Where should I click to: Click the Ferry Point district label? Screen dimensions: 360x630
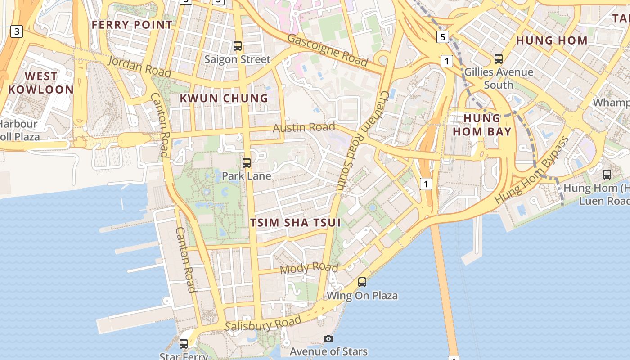(132, 24)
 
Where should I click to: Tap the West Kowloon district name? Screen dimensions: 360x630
(40, 83)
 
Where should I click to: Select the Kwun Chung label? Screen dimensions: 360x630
(224, 98)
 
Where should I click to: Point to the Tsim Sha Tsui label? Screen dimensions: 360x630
(295, 222)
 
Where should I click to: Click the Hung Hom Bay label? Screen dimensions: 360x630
(482, 125)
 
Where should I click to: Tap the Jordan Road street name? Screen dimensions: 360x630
(139, 67)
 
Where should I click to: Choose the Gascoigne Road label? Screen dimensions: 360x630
(328, 50)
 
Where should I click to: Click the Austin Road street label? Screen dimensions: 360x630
(304, 128)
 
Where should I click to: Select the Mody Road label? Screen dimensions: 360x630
(309, 268)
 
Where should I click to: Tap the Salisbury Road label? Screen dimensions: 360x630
(263, 324)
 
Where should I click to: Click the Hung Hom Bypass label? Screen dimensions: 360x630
(531, 170)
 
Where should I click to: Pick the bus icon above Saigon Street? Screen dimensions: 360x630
(238, 45)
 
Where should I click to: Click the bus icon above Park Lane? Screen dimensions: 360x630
(247, 163)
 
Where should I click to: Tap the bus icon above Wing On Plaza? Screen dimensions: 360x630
(362, 282)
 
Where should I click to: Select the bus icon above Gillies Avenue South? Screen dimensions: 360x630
(499, 58)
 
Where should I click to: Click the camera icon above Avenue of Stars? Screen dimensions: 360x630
(328, 338)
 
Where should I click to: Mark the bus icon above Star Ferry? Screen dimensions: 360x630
(184, 343)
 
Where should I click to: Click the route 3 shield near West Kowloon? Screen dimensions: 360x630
(17, 31)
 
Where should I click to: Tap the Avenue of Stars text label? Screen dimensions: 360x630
(328, 351)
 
